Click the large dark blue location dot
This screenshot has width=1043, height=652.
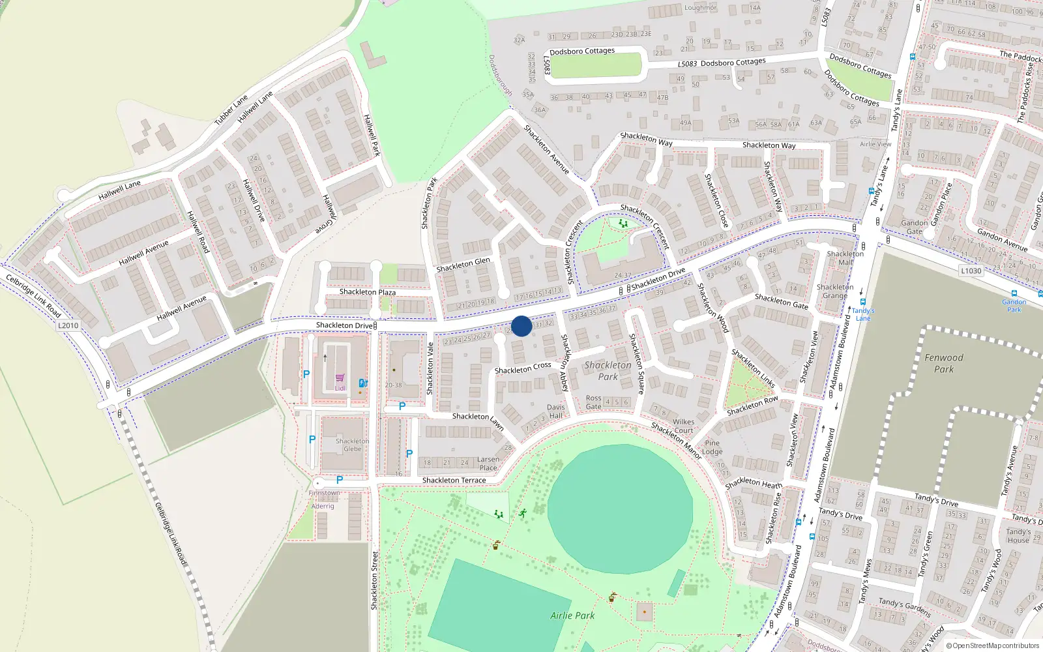click(x=521, y=326)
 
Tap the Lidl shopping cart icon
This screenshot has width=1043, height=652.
click(x=340, y=378)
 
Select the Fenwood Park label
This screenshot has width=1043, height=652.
click(x=943, y=363)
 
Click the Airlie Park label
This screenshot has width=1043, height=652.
click(x=572, y=615)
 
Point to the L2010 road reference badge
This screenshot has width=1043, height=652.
click(x=68, y=325)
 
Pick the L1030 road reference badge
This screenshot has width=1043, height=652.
click(x=971, y=271)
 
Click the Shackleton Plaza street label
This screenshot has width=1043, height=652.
click(x=367, y=292)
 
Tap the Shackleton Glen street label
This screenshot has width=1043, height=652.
click(x=463, y=265)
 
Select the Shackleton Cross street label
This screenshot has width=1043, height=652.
click(x=523, y=368)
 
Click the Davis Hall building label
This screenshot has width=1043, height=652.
click(x=556, y=411)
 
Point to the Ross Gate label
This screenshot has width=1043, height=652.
click(x=593, y=402)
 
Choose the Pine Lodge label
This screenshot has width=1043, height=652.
click(x=712, y=447)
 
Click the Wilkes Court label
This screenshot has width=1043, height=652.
click(x=684, y=426)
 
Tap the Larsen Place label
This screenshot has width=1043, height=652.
click(x=488, y=464)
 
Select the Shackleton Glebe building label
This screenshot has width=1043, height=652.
click(x=352, y=445)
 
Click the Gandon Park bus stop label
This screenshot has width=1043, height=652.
click(x=1014, y=305)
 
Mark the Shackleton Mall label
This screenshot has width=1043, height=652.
click(x=845, y=258)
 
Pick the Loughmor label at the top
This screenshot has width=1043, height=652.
click(x=700, y=8)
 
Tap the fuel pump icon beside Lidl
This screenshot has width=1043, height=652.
click(x=363, y=383)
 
